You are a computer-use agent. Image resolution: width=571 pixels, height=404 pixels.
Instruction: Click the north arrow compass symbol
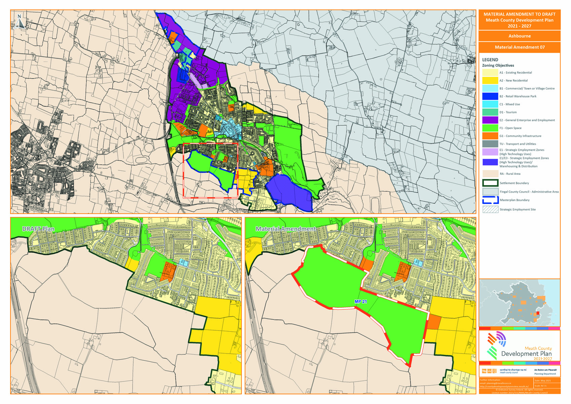(20, 22)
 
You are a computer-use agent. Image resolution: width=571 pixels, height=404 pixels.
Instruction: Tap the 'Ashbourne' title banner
(519, 36)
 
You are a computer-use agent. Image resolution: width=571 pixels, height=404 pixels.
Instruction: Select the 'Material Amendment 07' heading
(519, 47)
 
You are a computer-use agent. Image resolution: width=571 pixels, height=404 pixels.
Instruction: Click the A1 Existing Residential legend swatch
(490, 72)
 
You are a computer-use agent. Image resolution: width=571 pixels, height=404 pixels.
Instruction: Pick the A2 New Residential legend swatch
(490, 80)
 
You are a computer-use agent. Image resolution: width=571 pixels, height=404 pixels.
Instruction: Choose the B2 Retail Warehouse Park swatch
(490, 96)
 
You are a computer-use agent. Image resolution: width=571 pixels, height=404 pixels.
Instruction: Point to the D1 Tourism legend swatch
(490, 112)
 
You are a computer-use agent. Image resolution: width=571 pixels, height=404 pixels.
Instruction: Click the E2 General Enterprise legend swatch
(490, 120)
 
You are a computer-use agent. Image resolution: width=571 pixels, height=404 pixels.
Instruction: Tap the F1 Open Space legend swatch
(490, 128)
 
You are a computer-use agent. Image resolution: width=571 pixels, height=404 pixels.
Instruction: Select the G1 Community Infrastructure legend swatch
(490, 136)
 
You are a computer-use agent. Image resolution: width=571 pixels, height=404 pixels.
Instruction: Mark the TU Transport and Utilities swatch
(490, 144)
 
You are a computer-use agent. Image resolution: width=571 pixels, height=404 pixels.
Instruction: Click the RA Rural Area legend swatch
(490, 174)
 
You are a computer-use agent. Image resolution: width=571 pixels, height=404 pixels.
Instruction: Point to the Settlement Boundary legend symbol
(490, 183)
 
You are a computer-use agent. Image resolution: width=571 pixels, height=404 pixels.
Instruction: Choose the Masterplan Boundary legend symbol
(490, 200)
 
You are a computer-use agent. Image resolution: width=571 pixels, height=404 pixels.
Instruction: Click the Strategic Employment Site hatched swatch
(490, 209)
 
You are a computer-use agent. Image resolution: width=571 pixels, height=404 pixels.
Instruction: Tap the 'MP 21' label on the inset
(360, 302)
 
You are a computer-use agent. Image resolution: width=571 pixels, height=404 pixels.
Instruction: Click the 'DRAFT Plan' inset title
(38, 229)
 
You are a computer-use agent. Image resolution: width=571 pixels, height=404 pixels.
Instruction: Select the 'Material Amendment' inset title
(286, 229)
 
